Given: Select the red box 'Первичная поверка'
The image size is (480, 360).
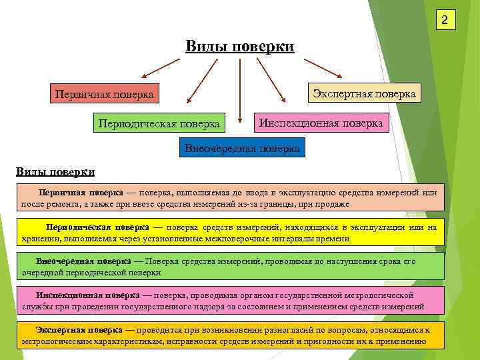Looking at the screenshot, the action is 103,95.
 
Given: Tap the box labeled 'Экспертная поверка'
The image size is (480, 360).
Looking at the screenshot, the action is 364,93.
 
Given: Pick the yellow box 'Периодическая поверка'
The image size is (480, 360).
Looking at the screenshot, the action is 159,123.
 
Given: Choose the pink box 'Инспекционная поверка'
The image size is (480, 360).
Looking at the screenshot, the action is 321,123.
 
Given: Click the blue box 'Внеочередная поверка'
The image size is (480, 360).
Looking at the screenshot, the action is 243,147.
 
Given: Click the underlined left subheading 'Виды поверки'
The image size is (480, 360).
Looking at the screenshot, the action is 55,171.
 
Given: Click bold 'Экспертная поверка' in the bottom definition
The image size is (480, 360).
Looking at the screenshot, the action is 79,330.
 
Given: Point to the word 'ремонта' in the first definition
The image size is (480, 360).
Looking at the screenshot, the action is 63,204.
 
